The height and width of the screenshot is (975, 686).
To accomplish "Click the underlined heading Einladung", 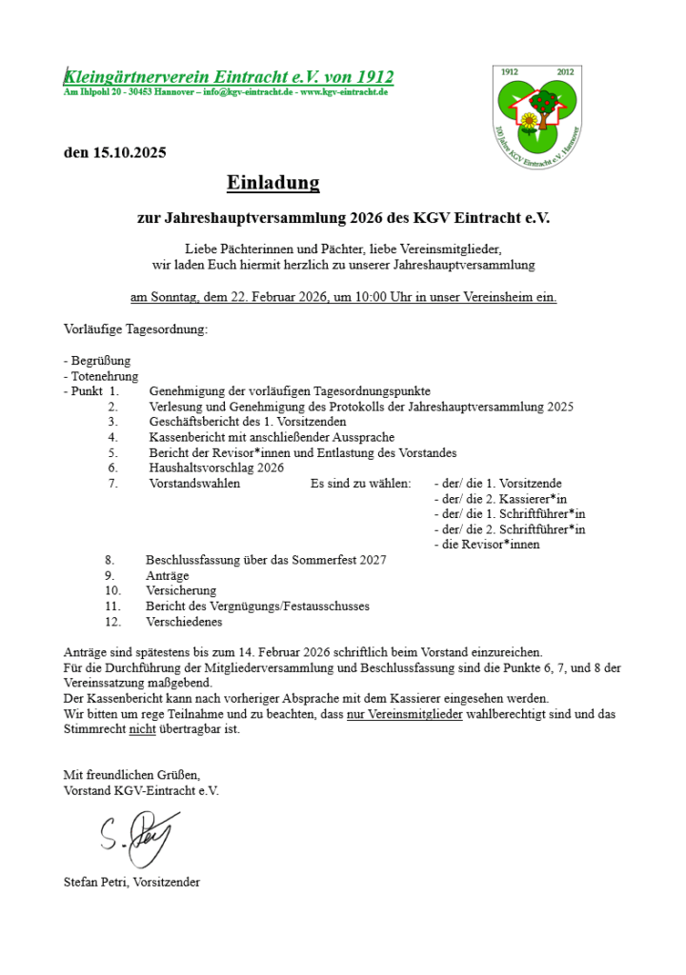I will (x=272, y=182).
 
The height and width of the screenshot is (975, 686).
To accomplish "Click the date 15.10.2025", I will (x=129, y=152).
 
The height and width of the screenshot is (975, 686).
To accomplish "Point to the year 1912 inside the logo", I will (x=510, y=72).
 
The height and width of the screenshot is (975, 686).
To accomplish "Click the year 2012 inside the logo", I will (x=565, y=72).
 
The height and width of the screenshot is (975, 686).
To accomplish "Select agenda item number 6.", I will (x=112, y=468).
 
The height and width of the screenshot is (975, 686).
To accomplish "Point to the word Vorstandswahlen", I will (x=194, y=484).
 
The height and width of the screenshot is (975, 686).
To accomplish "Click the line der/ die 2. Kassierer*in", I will (x=500, y=499).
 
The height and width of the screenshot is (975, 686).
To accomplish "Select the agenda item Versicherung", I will (x=181, y=590).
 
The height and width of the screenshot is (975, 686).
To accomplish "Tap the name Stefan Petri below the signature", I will (x=95, y=882).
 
